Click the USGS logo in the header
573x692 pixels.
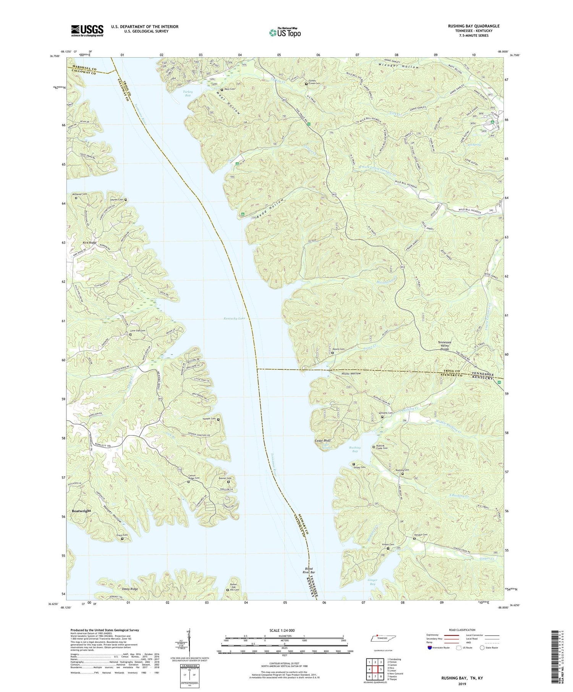[x=87, y=31]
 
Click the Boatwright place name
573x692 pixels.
[x=82, y=511]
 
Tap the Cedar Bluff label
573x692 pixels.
[x=322, y=440]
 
